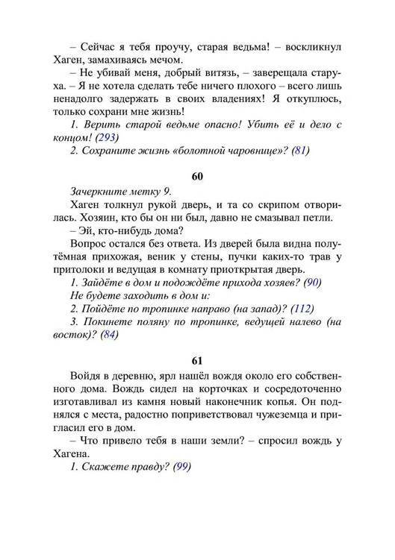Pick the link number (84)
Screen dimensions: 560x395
[108, 336]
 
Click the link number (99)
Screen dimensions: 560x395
[181, 468]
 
